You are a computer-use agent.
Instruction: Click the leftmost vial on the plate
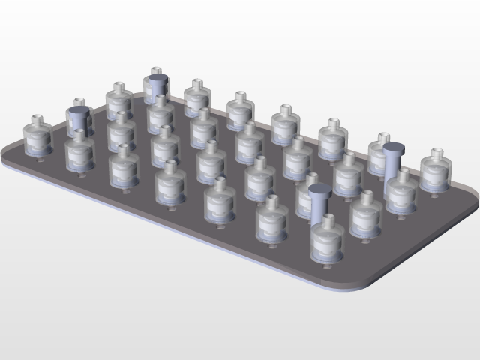pos(37,139)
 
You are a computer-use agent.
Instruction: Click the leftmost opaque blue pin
pos(78,120)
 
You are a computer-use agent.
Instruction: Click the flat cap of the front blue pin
pos(319,189)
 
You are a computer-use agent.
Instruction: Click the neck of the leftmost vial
pos(37,120)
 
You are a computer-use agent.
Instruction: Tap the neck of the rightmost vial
pos(438,153)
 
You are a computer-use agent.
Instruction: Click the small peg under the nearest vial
pos(327,265)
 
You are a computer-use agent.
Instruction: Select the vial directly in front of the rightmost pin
pos(402,191)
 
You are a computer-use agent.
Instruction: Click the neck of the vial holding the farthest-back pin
pos(156,71)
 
